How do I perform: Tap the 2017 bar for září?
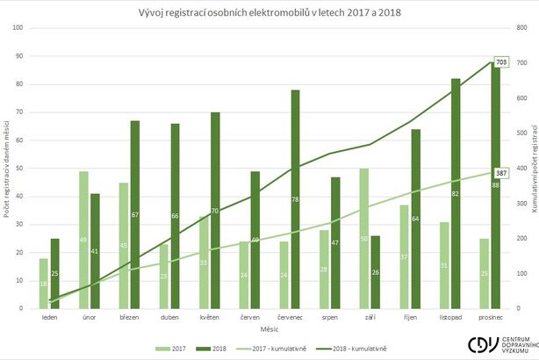pyautogui.click(x=363, y=238)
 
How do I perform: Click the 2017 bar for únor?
pyautogui.click(x=83, y=240)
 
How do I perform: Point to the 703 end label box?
pyautogui.click(x=501, y=62)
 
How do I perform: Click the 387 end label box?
pyautogui.click(x=501, y=173)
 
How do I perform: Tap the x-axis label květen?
pyautogui.click(x=209, y=317)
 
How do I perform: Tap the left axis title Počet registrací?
pyautogui.click(x=7, y=167)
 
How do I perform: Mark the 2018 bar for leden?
pyautogui.click(x=54, y=273)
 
